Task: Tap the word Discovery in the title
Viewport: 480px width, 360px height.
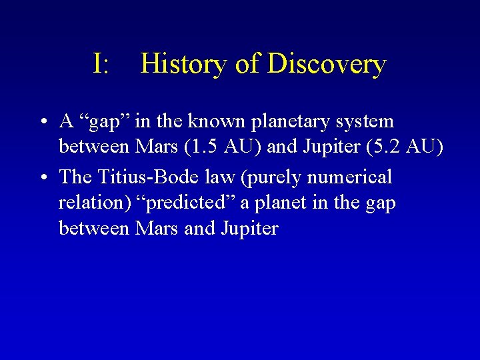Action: [327, 65]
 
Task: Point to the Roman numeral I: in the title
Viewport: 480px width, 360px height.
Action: [101, 64]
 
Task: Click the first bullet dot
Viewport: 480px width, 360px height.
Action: [42, 123]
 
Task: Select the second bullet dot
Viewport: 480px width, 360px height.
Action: [42, 178]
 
